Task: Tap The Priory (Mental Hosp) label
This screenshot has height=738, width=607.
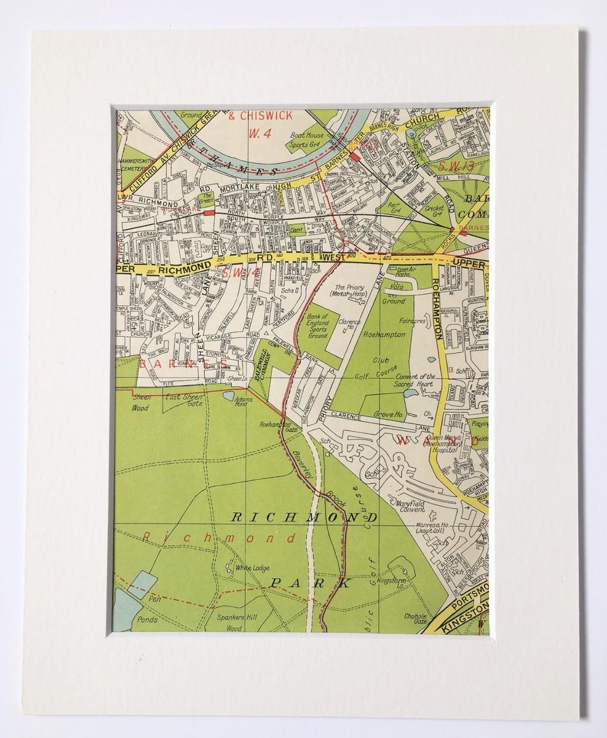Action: (349, 291)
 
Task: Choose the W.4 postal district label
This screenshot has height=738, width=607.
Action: (255, 133)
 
